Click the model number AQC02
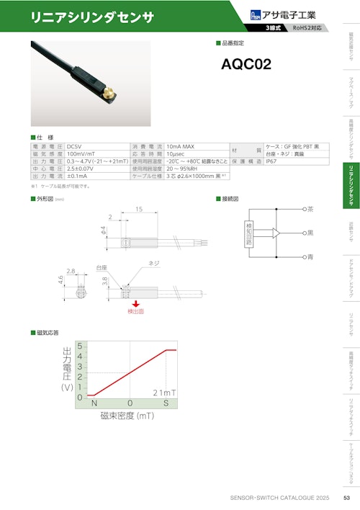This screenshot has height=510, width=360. point(247,63)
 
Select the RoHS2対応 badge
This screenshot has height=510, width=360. point(310,28)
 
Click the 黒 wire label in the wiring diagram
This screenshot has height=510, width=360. point(310,233)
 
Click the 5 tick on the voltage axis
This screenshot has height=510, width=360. point(80,346)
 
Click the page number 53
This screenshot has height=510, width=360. point(346,498)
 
